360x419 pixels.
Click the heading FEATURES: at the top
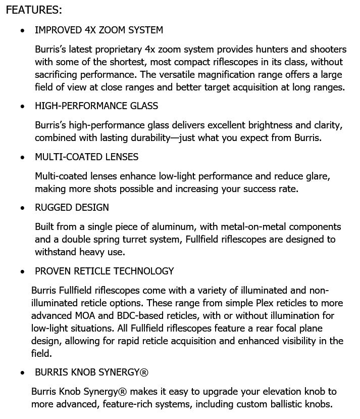(x=34, y=10)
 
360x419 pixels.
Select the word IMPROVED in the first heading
(x=57, y=30)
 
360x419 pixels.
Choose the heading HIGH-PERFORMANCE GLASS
(x=96, y=106)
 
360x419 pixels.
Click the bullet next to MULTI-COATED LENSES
(x=22, y=157)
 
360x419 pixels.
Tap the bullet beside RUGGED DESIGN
(x=22, y=208)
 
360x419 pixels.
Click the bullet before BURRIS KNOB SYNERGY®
(x=22, y=373)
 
